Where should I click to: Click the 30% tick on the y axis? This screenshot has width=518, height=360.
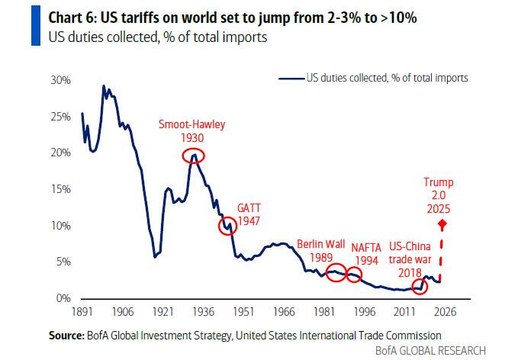pyautogui.click(x=60, y=80)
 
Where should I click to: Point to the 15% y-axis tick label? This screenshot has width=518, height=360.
pyautogui.click(x=60, y=189)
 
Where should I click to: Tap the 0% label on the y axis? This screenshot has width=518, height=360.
pyautogui.click(x=63, y=298)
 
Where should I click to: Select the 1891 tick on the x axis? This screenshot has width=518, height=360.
pyautogui.click(x=82, y=311)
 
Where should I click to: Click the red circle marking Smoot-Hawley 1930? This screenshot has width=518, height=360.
pyautogui.click(x=195, y=156)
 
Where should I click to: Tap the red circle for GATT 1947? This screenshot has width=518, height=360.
pyautogui.click(x=227, y=226)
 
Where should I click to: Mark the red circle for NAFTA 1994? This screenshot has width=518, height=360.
pyautogui.click(x=353, y=274)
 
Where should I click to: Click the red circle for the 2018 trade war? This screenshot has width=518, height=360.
pyautogui.click(x=420, y=287)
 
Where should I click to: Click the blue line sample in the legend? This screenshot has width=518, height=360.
pyautogui.click(x=291, y=78)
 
